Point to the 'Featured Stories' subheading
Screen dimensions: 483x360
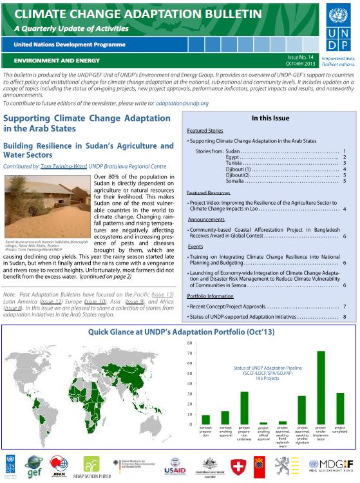(205, 129)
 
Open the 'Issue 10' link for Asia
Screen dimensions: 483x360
(94, 301)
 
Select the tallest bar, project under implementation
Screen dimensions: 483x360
(320, 387)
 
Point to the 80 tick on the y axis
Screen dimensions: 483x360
(189, 343)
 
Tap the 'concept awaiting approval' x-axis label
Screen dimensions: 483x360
(225, 431)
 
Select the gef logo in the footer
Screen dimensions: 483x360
(33, 465)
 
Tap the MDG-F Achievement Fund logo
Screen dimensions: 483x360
(330, 465)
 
